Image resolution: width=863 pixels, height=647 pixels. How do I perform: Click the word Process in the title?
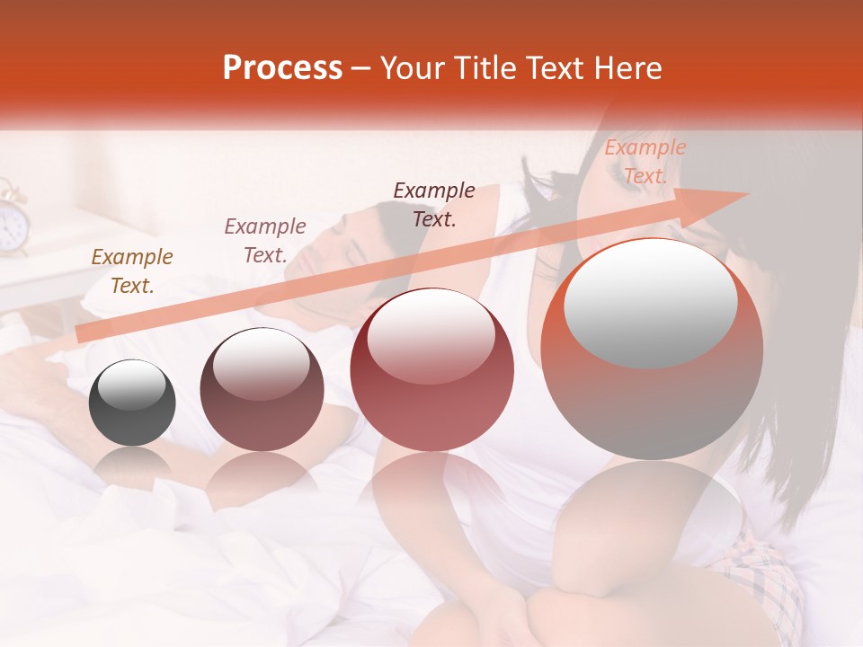pos(282,68)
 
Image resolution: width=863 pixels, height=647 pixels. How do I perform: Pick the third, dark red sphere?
pos(431,370)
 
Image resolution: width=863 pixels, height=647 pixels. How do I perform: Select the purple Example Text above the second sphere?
pos(264,241)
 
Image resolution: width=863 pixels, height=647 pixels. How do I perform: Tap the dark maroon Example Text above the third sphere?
pos(434,205)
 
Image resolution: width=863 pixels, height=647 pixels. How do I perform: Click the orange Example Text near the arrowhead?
pos(645,162)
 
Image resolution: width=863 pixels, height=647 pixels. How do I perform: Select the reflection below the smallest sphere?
pos(132,464)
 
